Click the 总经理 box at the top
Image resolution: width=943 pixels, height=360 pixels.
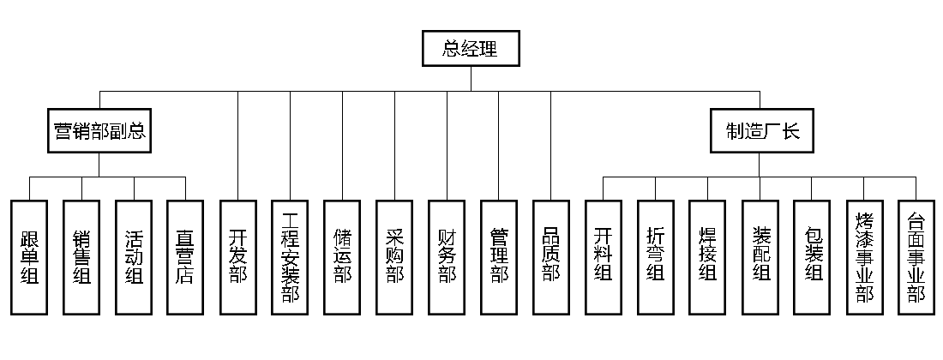[x=471, y=49]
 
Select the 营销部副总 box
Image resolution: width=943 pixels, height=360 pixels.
[x=98, y=131]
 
